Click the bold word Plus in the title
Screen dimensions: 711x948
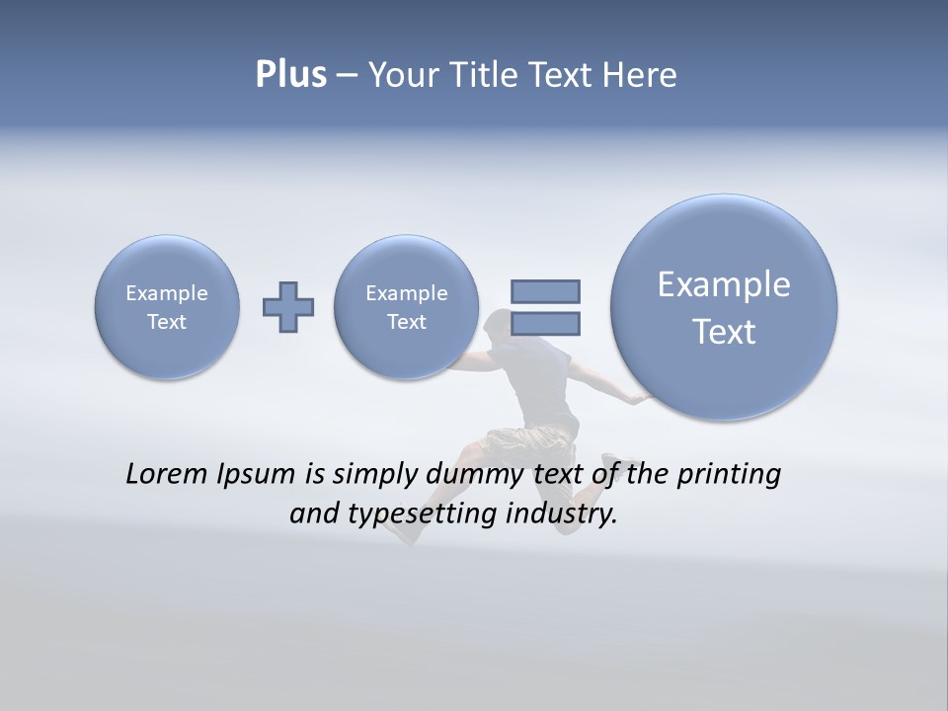290,75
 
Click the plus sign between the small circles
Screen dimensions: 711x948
288,306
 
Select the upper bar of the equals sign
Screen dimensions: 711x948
545,291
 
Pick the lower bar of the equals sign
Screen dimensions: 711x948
545,324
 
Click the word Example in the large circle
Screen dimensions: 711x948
724,284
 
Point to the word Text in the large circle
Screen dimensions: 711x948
724,332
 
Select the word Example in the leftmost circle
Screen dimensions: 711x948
167,293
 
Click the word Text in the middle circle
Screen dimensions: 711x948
406,322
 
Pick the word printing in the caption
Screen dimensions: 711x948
729,475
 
